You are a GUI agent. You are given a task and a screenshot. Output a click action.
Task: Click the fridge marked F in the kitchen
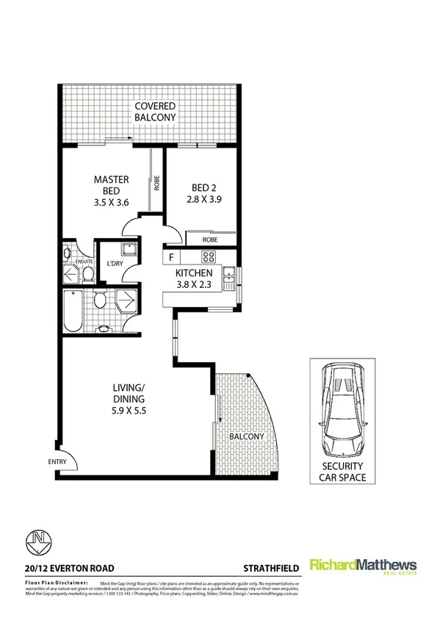[170, 257]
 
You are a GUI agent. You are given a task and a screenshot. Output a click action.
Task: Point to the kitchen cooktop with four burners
[208, 257]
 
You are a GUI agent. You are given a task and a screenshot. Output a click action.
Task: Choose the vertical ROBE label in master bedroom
[156, 181]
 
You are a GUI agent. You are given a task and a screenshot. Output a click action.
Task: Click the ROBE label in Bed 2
[210, 239]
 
